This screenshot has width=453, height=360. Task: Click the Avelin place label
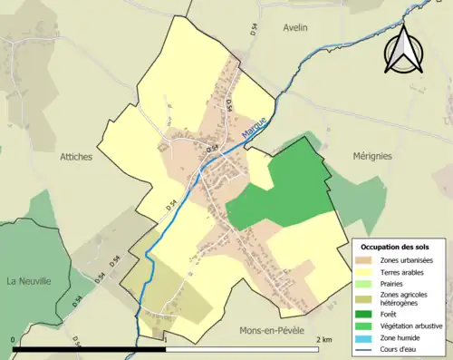click(294, 27)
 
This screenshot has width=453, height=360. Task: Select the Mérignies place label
click(372, 155)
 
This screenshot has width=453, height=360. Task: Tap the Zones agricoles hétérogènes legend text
click(409, 299)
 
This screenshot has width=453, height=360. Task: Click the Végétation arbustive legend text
click(416, 326)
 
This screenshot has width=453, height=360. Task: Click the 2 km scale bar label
click(324, 339)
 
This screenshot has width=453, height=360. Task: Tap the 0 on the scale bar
click(14, 339)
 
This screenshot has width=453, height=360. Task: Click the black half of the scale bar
click(89, 348)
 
